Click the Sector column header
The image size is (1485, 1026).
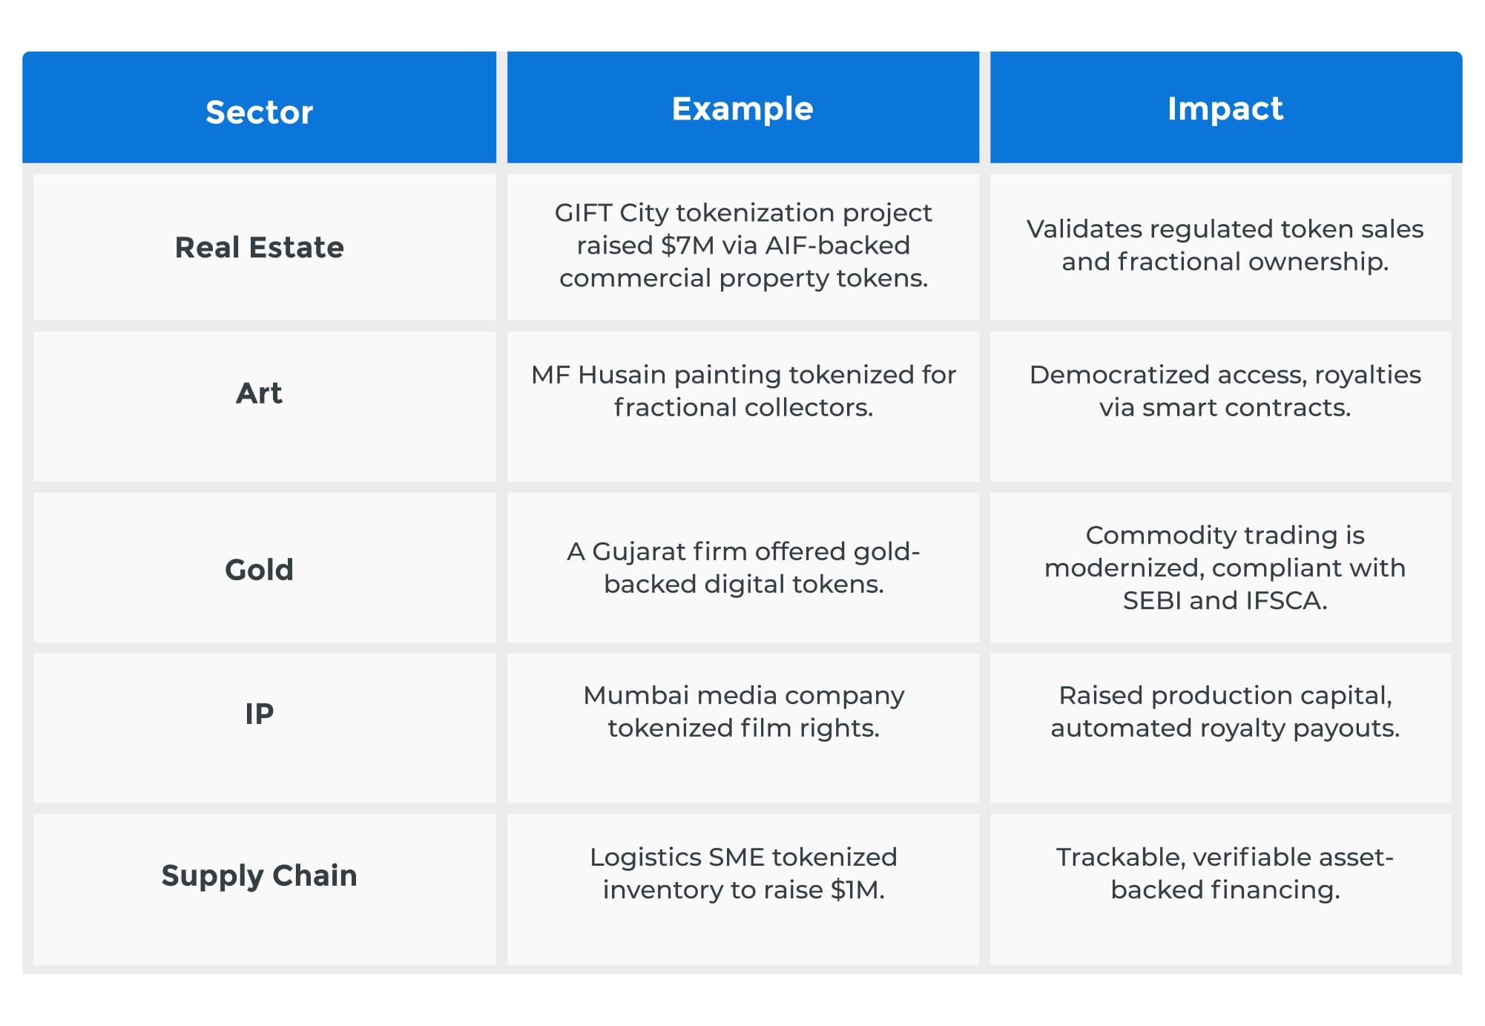tap(259, 112)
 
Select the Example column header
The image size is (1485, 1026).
tap(742, 109)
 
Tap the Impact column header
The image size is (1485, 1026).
tap(1225, 109)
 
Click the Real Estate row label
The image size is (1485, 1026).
tap(259, 247)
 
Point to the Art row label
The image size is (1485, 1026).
tap(259, 392)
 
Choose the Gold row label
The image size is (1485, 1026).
tap(259, 570)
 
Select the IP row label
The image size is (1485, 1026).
tap(259, 714)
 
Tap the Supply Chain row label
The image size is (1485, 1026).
tap(259, 875)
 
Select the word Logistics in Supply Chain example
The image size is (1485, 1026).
tap(645, 858)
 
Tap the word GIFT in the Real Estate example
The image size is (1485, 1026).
tap(583, 213)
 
